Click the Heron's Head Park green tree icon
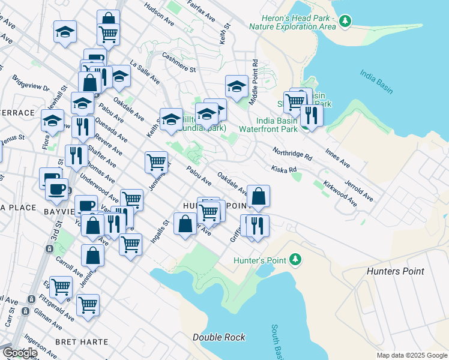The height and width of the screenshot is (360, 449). coord(345,22)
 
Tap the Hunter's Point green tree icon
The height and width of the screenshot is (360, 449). coord(295,259)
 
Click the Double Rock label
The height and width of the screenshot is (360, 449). coord(218,337)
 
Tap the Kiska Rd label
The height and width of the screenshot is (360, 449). coord(284,170)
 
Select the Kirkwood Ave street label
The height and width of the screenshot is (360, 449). coord(340,191)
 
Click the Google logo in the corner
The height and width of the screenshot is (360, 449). coord(19,353)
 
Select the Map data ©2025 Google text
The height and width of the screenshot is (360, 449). coord(411,355)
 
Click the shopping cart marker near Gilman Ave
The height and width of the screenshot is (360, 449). coord(88,304)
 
